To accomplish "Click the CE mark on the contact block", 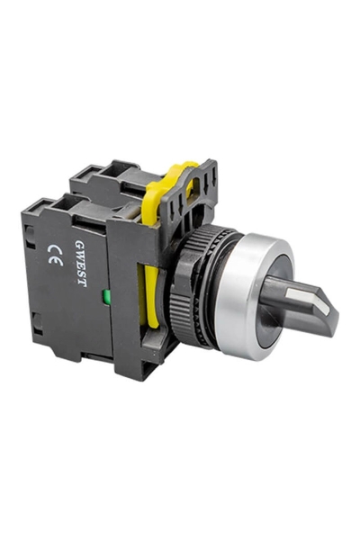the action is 54,255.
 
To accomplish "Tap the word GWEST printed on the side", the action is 80,263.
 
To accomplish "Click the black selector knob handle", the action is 299,303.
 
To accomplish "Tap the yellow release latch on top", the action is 169,188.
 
